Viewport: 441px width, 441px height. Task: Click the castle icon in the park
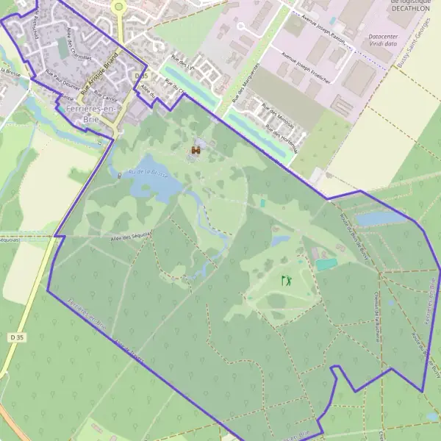196,150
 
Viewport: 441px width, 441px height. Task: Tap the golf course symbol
286,281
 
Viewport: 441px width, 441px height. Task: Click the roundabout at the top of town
118,6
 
